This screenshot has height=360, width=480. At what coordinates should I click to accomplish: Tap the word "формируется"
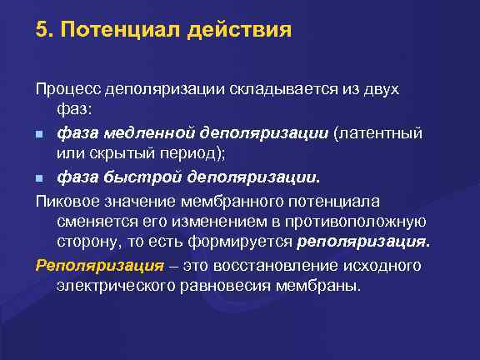click(241, 242)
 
